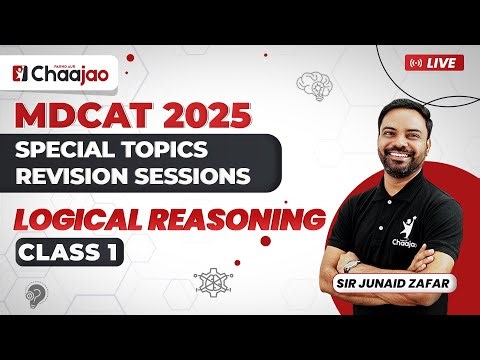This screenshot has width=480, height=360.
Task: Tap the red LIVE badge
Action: coord(434,62)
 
